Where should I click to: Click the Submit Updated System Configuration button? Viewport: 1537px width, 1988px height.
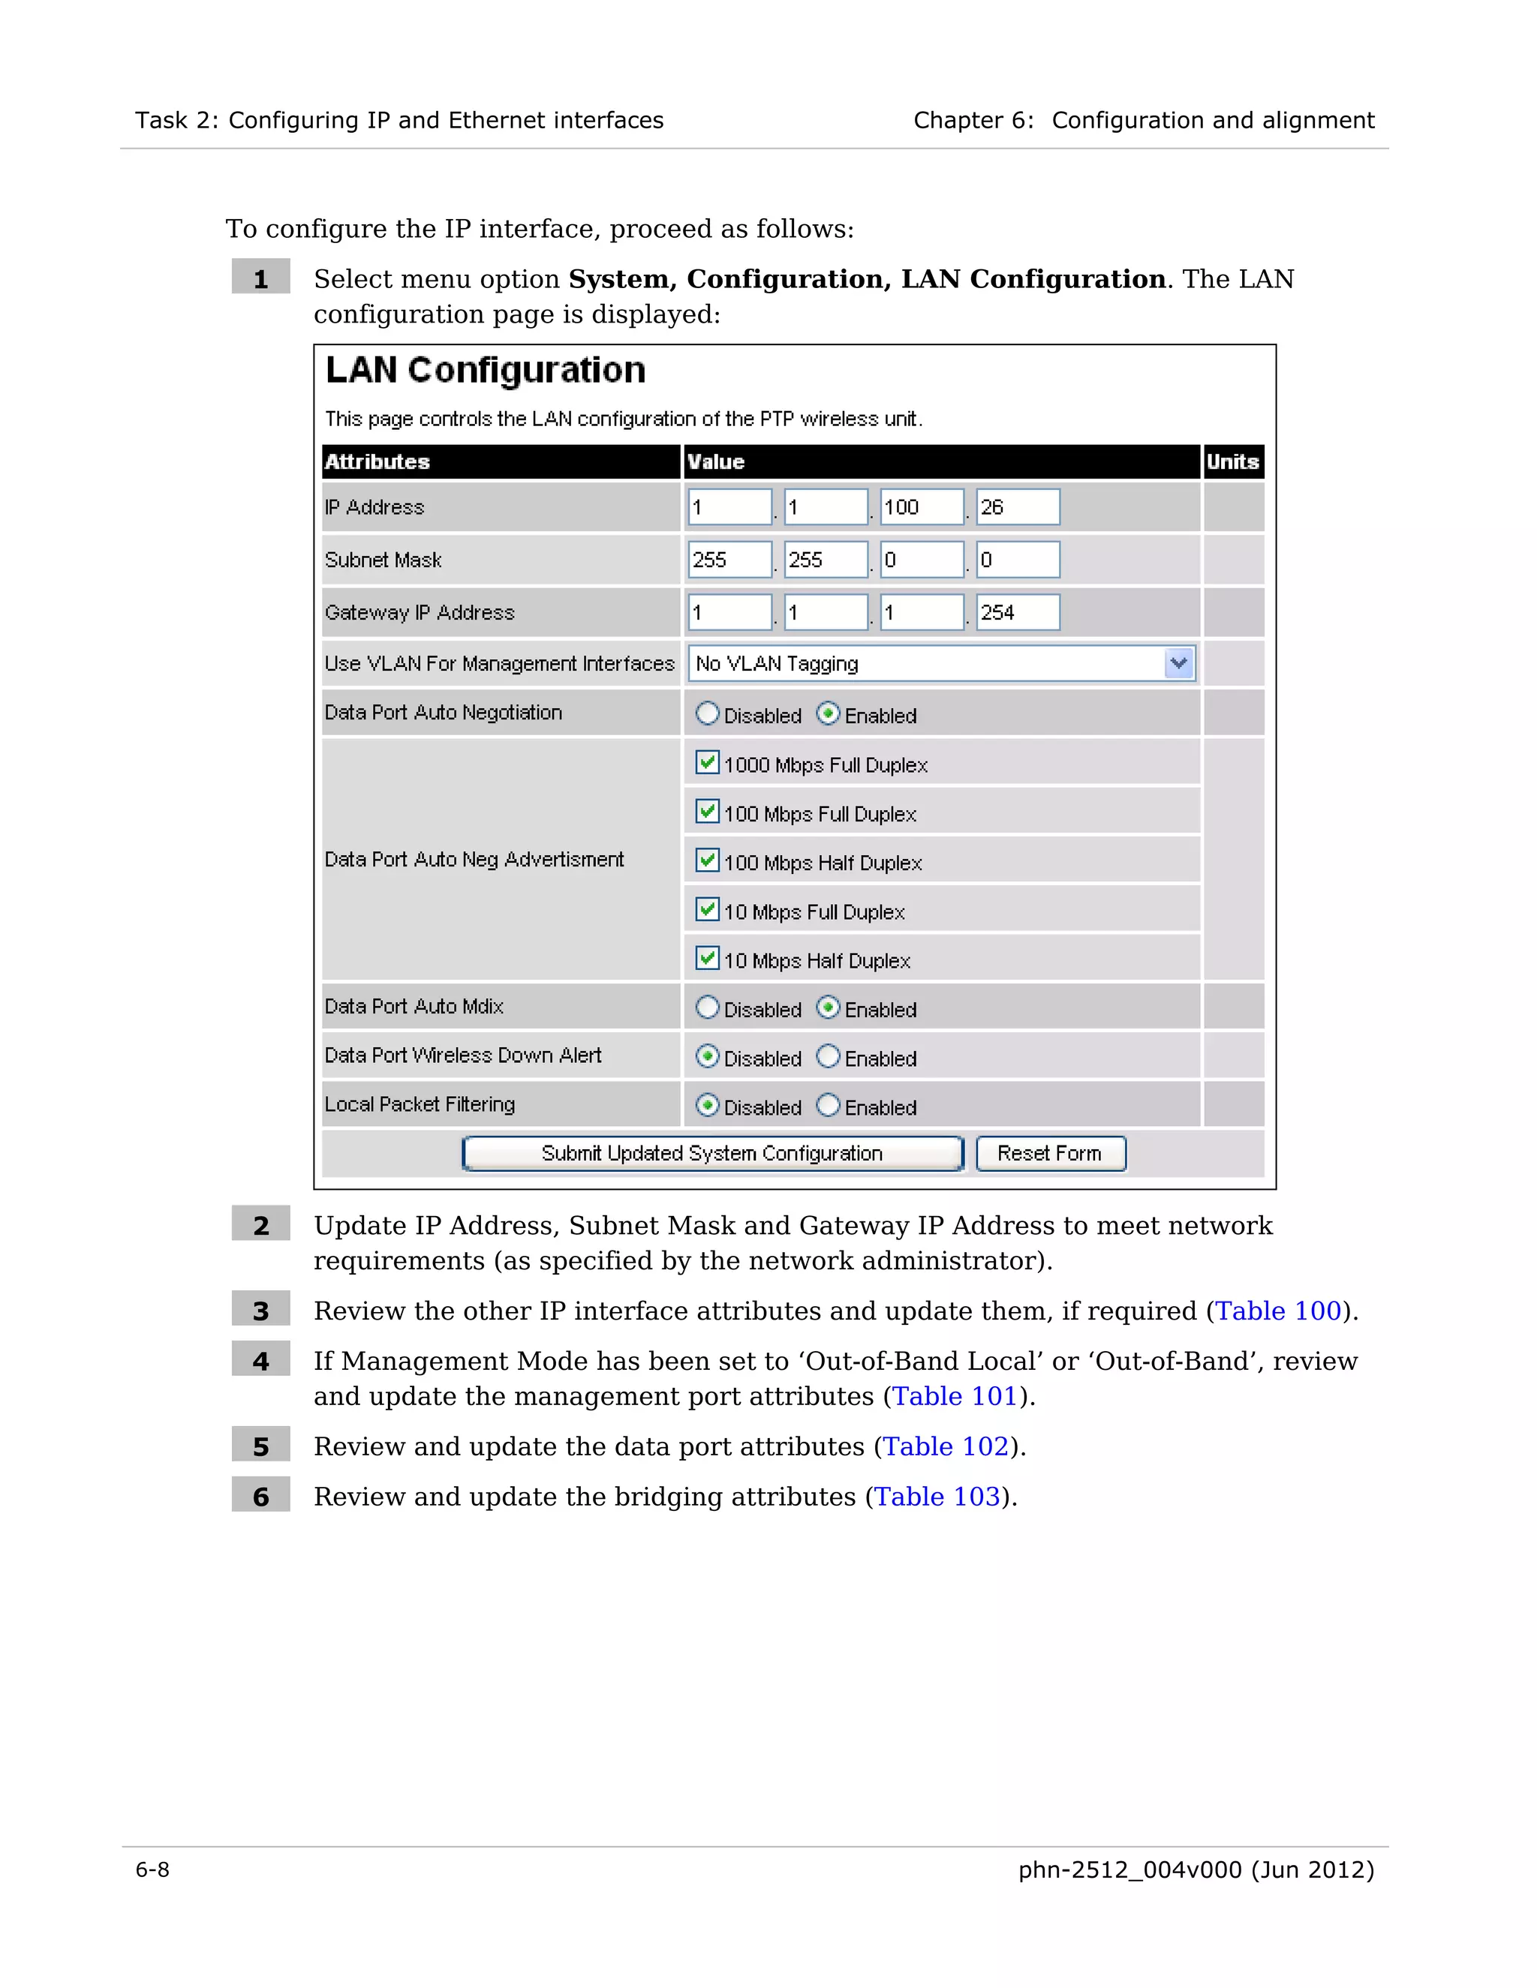[712, 1153]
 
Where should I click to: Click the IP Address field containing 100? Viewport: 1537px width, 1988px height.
[922, 507]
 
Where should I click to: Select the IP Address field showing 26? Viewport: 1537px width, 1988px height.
[1017, 507]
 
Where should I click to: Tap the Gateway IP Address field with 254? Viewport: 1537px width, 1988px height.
[1017, 613]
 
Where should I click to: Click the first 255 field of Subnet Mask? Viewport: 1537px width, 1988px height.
[729, 560]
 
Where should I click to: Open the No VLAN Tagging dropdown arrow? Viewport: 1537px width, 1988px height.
[1178, 664]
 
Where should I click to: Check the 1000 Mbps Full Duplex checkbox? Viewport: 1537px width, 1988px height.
[706, 763]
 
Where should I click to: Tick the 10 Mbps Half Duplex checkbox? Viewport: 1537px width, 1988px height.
[706, 959]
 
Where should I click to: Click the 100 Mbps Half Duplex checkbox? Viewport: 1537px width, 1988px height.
[706, 860]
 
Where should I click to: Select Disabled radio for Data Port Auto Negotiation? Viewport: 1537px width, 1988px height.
[708, 713]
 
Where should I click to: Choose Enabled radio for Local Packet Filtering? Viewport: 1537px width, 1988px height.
[828, 1105]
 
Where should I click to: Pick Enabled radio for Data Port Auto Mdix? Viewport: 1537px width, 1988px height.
[828, 1008]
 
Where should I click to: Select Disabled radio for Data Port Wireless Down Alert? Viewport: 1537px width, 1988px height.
[708, 1057]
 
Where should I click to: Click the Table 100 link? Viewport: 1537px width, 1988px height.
[1278, 1311]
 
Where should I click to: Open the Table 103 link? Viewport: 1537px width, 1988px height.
[937, 1497]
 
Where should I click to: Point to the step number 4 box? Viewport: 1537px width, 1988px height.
[260, 1361]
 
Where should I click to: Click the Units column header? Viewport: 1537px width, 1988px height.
[1233, 461]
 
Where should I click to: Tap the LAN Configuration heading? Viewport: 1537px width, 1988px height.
[486, 371]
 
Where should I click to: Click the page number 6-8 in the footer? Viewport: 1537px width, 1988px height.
[152, 1869]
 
